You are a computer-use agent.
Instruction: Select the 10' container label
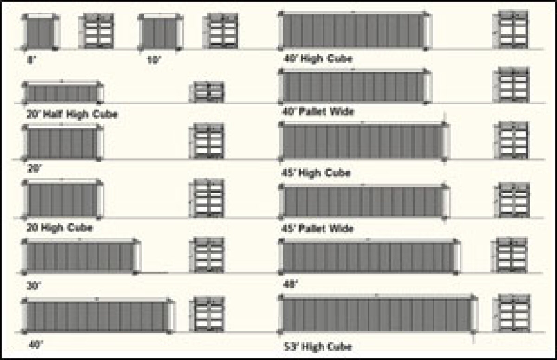click(x=153, y=60)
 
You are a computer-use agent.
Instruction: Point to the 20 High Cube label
click(x=59, y=228)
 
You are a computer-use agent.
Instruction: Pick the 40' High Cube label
click(x=318, y=59)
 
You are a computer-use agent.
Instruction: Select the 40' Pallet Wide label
click(x=318, y=112)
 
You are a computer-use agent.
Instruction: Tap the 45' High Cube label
click(x=316, y=173)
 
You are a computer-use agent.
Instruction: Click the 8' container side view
click(x=40, y=32)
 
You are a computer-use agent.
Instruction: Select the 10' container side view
click(x=160, y=32)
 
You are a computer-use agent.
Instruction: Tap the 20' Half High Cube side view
click(x=64, y=92)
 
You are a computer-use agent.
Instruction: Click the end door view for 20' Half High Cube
click(x=209, y=92)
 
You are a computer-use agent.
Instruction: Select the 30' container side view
click(x=81, y=256)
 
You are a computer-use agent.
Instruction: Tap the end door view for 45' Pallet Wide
click(x=513, y=200)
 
